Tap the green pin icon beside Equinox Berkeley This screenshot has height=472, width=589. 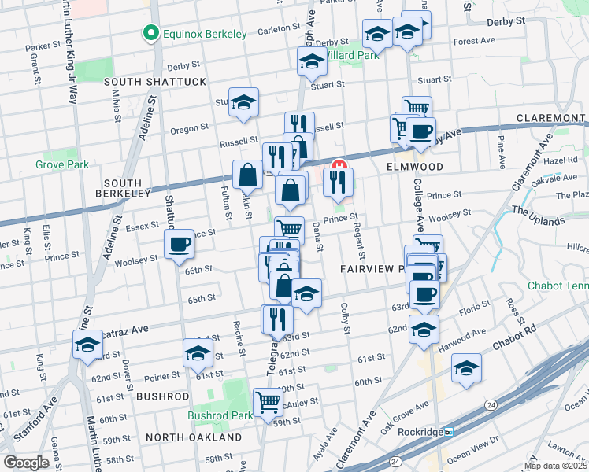[148, 33]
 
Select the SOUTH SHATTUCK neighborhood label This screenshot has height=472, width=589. [154, 82]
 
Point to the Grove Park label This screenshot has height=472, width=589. [61, 164]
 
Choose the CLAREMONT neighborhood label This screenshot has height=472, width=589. [550, 118]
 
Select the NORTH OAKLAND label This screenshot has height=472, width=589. [194, 437]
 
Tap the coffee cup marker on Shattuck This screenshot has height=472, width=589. [179, 245]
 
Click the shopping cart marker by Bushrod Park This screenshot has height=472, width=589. [268, 401]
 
